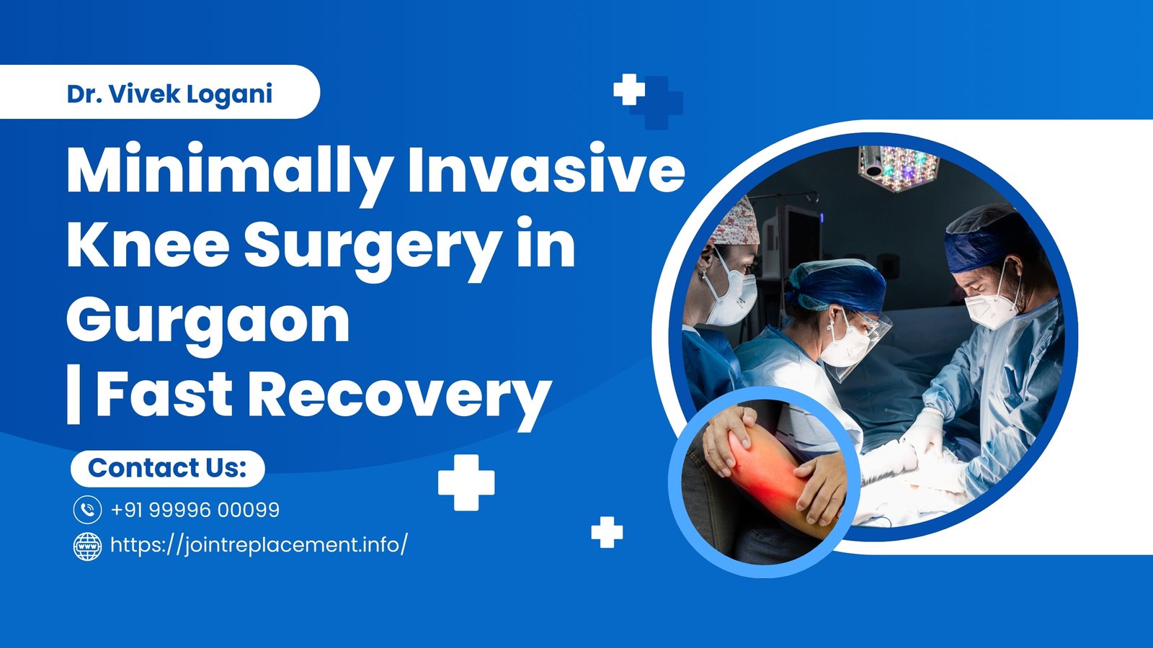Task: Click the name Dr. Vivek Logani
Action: coord(169,94)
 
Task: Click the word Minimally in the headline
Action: coord(229,171)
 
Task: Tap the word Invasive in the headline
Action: coord(546,170)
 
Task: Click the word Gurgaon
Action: coord(208,321)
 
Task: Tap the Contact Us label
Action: coord(167,468)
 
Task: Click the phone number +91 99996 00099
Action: coord(195,510)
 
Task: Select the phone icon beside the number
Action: coord(87,510)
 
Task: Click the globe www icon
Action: coord(87,546)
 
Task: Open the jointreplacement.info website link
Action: coord(259,545)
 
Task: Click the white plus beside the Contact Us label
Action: coord(466,482)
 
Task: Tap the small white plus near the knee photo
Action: coord(607,532)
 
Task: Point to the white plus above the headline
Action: coord(628,89)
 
